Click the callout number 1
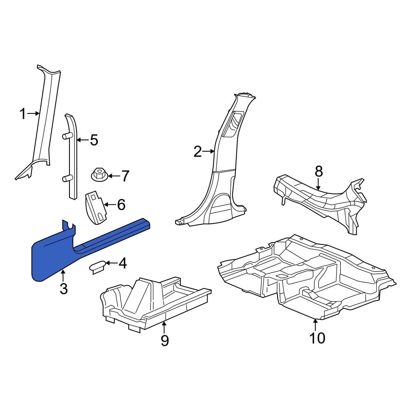pos(23,114)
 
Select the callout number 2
pos(197,152)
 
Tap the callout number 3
pos(63,289)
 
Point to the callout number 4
pos(122,263)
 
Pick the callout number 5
pos(94,141)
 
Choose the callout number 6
pos(121,204)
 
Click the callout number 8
pos(319,171)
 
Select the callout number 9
pos(164,340)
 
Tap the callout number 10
pos(317,338)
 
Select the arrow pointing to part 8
pos(319,184)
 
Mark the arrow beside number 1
pos(34,114)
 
